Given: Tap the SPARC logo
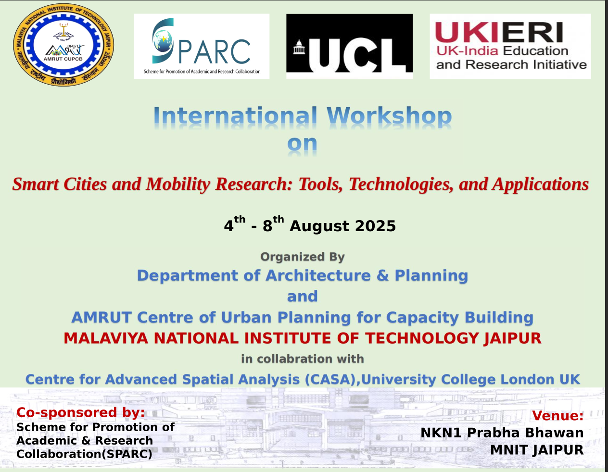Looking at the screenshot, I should click(x=202, y=46).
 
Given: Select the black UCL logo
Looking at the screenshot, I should click(x=349, y=46).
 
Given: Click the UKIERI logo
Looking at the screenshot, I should click(x=510, y=46).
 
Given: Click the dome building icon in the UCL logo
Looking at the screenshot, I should click(x=299, y=49).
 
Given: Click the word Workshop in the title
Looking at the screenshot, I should click(x=389, y=117).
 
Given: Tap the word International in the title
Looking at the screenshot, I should click(x=235, y=117).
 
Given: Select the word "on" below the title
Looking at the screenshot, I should click(x=302, y=144).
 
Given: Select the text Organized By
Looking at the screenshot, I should click(x=303, y=257).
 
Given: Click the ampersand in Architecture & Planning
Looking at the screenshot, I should click(x=382, y=275).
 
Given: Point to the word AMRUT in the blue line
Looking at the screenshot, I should click(x=101, y=317).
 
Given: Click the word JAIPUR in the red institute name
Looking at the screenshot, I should click(x=512, y=338).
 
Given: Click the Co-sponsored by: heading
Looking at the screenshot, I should click(x=80, y=412).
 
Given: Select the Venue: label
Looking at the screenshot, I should click(x=557, y=416).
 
